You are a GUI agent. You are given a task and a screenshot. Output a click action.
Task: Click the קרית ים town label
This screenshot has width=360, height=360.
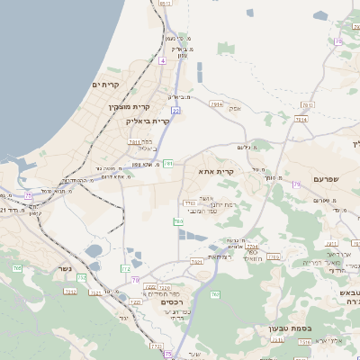point(106,84)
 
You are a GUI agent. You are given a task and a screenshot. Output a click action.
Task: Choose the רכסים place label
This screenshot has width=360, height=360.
point(173,302)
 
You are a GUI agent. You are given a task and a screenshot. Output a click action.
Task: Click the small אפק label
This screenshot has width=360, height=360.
point(235,108)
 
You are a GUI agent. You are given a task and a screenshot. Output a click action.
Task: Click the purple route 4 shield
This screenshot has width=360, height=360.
point(163,60)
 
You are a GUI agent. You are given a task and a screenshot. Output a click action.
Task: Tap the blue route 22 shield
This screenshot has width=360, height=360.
point(176,111)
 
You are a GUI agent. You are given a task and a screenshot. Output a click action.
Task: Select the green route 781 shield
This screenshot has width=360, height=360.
point(168,163)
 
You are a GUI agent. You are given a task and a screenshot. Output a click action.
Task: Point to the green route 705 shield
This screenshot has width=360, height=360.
point(179,220)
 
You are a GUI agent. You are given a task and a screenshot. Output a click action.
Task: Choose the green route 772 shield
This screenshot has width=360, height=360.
point(126,269)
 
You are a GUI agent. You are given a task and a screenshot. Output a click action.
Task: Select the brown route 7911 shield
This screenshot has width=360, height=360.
point(216,104)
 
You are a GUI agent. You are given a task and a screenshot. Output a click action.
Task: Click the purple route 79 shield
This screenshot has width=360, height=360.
point(297,184)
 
